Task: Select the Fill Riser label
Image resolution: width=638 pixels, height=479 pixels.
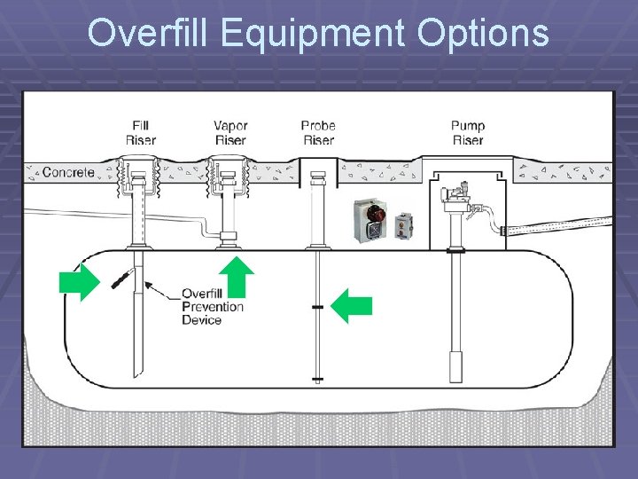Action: (141, 133)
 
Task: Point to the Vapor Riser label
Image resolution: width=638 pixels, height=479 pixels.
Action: (230, 133)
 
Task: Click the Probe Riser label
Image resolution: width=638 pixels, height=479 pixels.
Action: (318, 133)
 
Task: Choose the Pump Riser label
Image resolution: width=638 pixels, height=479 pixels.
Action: (467, 133)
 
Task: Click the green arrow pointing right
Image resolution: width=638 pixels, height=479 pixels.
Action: (79, 282)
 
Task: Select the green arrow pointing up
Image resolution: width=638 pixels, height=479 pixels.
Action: (237, 275)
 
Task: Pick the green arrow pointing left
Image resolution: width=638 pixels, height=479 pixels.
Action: (352, 306)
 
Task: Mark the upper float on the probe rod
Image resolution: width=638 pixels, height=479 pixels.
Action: (317, 307)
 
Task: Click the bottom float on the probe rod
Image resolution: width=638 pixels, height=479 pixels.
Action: (317, 380)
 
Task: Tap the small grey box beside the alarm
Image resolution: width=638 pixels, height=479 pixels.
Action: (404, 225)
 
